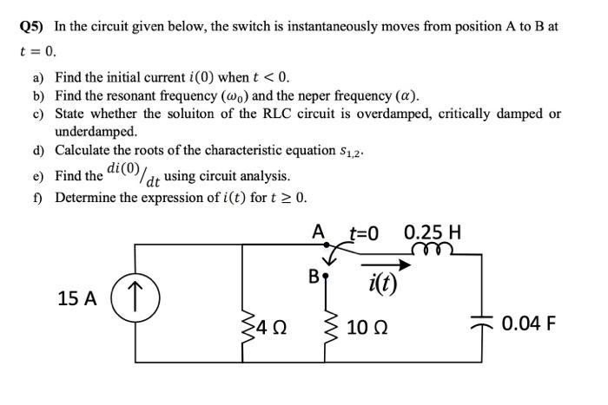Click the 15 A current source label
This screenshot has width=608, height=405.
(76, 298)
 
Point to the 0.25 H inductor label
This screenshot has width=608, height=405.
(433, 232)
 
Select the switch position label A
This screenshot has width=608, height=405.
(319, 232)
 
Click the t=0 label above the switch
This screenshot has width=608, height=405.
(365, 232)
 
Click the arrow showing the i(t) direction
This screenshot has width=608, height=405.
(382, 265)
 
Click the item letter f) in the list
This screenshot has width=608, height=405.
(39, 197)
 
